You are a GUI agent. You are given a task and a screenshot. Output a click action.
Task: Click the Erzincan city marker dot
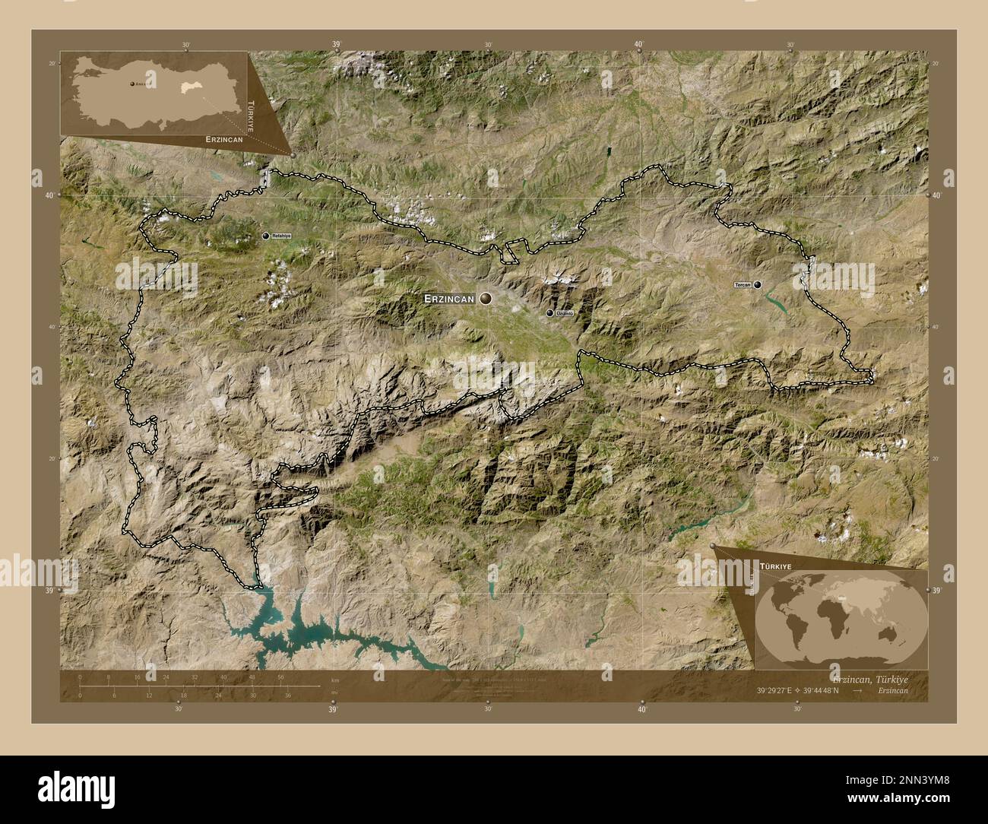(x=485, y=299)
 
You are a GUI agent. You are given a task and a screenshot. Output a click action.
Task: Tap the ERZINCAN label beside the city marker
(x=449, y=300)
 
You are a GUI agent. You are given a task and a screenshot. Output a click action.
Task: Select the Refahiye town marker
(x=266, y=236)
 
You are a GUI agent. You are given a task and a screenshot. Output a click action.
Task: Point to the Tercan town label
(x=743, y=285)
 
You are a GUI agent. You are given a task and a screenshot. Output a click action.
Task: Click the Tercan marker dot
(x=758, y=285)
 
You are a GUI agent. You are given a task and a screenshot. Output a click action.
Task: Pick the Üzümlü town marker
(x=549, y=312)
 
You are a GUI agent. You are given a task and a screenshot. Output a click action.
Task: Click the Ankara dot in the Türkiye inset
(x=131, y=84)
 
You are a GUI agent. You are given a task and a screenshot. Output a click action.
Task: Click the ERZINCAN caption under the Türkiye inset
(x=223, y=141)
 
